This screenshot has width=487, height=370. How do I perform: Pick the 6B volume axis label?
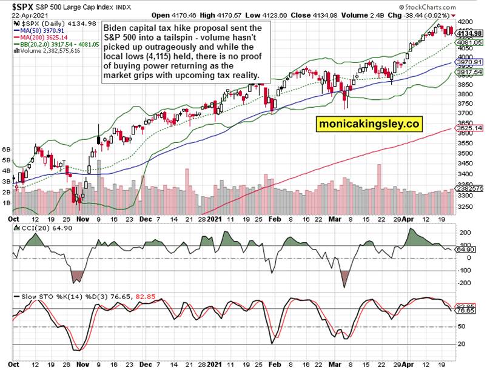(7, 149)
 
